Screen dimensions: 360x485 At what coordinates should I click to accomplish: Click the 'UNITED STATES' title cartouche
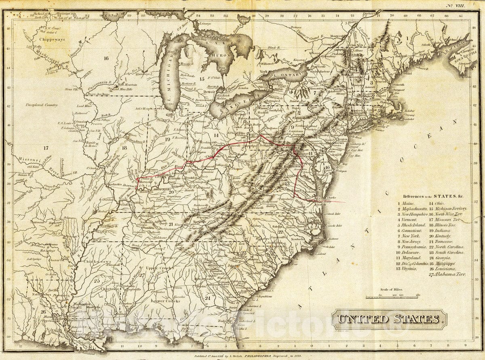[x=389, y=319]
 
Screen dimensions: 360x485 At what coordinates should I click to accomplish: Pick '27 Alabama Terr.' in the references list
[x=447, y=274]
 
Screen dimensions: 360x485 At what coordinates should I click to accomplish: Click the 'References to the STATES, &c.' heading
[x=431, y=196]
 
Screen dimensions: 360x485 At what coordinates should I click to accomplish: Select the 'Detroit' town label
[x=209, y=92]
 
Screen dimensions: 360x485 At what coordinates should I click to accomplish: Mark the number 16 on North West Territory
[x=106, y=58]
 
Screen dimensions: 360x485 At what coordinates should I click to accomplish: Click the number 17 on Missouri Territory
[x=46, y=148]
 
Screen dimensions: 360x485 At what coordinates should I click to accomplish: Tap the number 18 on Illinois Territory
[x=124, y=148]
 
